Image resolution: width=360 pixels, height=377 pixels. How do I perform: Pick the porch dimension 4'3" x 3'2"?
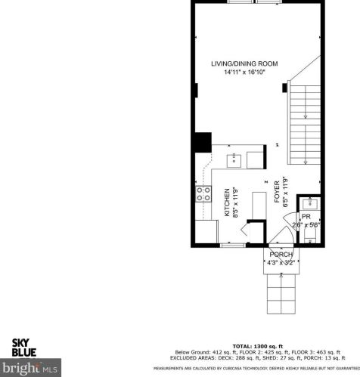pyautogui.click(x=280, y=263)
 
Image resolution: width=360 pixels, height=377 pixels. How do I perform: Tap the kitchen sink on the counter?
pyautogui.click(x=235, y=159)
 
